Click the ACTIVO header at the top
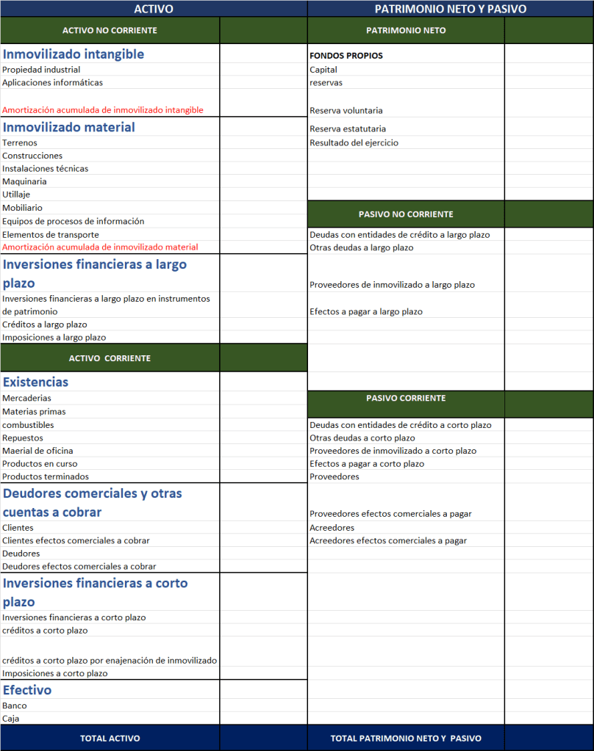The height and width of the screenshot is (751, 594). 154,9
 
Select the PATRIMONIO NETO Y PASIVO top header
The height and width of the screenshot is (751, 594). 450,9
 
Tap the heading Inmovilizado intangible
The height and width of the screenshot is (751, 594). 74,54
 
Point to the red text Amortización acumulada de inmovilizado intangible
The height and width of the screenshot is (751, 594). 103,110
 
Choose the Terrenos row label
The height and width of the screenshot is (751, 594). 20,143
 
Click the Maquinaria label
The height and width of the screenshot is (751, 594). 24,181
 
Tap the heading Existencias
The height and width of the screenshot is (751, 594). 35,382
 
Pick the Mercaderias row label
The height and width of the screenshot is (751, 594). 26,399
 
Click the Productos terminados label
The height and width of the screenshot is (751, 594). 46,477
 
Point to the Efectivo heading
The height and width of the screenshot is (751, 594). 27,691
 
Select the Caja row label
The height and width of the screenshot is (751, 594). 11,719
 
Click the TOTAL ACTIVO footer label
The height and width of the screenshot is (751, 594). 110,739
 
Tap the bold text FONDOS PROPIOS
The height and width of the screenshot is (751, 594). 346,56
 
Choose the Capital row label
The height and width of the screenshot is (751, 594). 323,70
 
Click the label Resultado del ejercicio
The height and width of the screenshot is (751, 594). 354,143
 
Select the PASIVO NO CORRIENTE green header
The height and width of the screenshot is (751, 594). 406,214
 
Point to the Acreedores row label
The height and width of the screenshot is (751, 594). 332,528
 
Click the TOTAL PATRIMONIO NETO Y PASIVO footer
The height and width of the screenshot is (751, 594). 406,739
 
